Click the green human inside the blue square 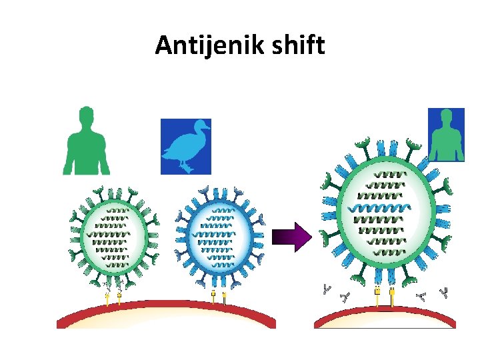445,137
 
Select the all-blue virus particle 219,237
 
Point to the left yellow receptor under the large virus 377,294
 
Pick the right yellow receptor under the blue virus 225,297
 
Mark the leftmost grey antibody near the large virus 326,289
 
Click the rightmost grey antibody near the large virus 443,291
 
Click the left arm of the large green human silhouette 68,157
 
